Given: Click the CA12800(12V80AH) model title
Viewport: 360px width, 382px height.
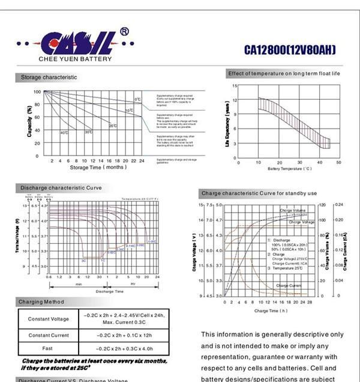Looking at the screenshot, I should coord(290,49).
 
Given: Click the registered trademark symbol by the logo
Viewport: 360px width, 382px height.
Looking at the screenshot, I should coord(124,32).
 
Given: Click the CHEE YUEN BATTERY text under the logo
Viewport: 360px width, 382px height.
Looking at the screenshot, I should coord(74,59).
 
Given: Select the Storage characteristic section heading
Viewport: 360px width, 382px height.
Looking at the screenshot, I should coord(49,77).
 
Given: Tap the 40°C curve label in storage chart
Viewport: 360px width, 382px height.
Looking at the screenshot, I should coord(64,132).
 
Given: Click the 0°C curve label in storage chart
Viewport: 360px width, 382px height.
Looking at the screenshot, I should coord(137,99).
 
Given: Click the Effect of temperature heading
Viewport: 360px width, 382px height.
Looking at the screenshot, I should coord(284,73).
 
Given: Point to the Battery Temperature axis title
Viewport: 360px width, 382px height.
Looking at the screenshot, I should coord(290,169).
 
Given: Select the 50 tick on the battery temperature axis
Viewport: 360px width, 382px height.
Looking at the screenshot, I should coord(338,162).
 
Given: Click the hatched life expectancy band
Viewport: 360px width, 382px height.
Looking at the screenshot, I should coord(294,120).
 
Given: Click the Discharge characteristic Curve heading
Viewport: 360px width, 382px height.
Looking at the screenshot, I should coord(61,188).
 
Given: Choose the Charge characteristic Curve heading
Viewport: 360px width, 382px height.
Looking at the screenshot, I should coord(259,193).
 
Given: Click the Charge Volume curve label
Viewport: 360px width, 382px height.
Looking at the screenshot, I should coord(292,211).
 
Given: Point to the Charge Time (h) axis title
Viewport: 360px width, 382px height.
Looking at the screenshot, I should coord(271,311).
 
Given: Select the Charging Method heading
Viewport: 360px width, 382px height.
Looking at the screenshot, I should coord(42,302).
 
